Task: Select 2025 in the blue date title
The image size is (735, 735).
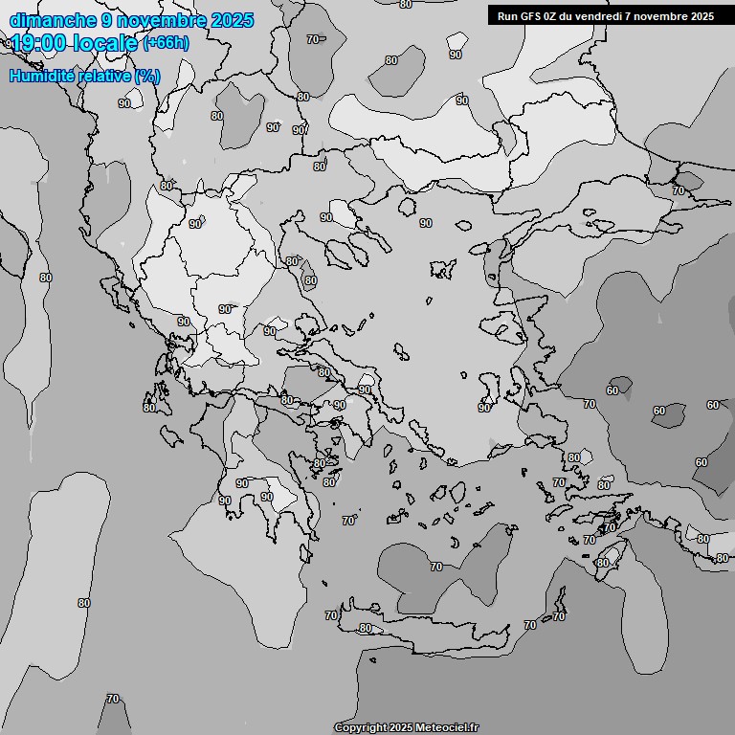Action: point(230,20)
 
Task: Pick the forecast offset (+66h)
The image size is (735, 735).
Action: point(166,43)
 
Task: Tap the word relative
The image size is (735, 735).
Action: point(103,76)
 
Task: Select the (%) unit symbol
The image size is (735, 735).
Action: point(147,76)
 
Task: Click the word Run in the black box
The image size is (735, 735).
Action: point(507,16)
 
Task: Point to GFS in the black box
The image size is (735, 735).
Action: point(531,16)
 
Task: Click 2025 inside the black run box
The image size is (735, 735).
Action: point(698,16)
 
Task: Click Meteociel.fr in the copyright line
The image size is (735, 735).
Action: point(447,728)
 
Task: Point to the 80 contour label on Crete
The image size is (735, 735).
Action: point(365,628)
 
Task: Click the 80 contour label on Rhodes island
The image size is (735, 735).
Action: point(602,563)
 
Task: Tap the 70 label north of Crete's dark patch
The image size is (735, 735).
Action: point(436,567)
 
